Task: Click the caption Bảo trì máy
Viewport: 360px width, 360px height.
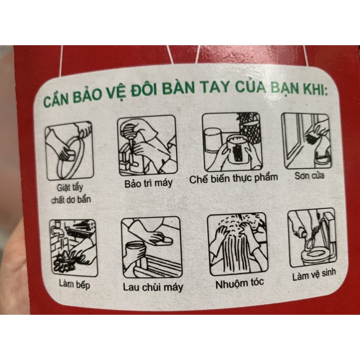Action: pyautogui.click(x=148, y=183)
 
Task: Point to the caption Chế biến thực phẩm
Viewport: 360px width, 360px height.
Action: pyautogui.click(x=233, y=178)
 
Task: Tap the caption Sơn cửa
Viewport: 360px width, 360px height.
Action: pyautogui.click(x=309, y=175)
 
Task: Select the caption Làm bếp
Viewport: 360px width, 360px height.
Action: pyautogui.click(x=74, y=284)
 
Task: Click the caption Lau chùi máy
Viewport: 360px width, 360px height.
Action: pyautogui.click(x=153, y=287)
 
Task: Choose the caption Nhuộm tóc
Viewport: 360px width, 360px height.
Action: pyautogui.click(x=239, y=284)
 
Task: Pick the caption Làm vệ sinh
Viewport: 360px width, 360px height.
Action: pyautogui.click(x=314, y=275)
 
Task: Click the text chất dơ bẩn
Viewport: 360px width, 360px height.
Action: pyautogui.click(x=71, y=200)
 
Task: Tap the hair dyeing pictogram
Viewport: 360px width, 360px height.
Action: pyautogui.click(x=238, y=244)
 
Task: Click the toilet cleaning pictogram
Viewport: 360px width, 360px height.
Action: pyautogui.click(x=312, y=238)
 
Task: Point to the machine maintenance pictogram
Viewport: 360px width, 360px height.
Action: pyautogui.click(x=147, y=145)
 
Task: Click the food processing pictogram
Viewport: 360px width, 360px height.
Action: pyautogui.click(x=232, y=142)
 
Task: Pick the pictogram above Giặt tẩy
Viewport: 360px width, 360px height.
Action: pyautogui.click(x=69, y=151)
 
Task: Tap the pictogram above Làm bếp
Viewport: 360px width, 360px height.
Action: pyautogui.click(x=73, y=248)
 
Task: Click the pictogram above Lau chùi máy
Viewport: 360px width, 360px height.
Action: pyautogui.click(x=151, y=247)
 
